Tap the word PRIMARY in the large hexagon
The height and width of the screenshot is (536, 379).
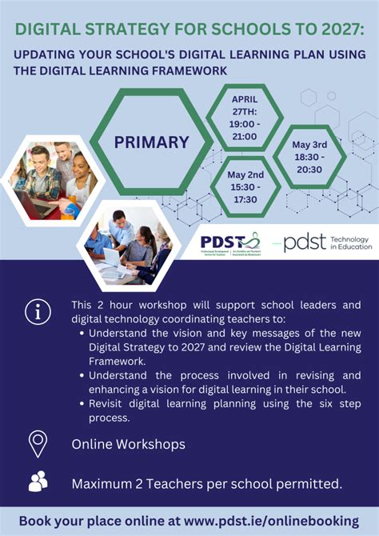[151, 142]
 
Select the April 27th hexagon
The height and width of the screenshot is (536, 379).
[244, 117]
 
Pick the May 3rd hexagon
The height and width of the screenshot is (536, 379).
[309, 157]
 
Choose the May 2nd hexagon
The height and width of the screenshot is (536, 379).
[245, 186]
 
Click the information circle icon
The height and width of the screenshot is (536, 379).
[38, 311]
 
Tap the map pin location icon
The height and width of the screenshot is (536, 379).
[38, 443]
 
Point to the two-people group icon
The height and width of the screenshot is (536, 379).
[38, 482]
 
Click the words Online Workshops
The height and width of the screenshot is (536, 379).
[128, 444]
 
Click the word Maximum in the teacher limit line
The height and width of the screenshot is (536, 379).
[105, 483]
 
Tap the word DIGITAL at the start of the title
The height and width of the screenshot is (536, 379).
[46, 30]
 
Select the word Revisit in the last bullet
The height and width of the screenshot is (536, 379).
[113, 404]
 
